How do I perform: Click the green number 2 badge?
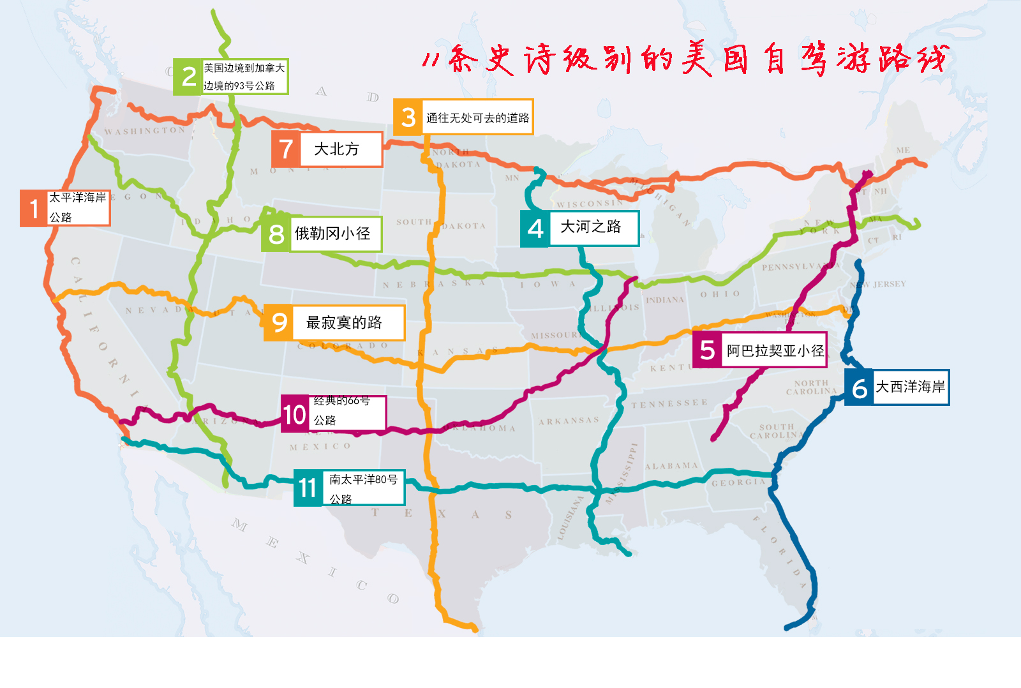188,77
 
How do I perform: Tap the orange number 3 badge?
408,117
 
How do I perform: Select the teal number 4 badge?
535,228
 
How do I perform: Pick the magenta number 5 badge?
707,350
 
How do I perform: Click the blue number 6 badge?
859,387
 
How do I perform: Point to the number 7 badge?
286,149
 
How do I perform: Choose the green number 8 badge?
276,234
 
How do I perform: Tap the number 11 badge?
308,488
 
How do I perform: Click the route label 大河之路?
590,227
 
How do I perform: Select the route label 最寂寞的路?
344,323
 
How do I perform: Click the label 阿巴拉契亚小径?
775,350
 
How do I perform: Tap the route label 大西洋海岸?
910,387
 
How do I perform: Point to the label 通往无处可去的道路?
477,117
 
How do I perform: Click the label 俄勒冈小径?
332,234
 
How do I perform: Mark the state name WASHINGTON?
145,131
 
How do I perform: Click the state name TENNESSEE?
669,403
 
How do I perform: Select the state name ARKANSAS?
569,421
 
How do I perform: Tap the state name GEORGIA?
738,482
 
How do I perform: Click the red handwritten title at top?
685,59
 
